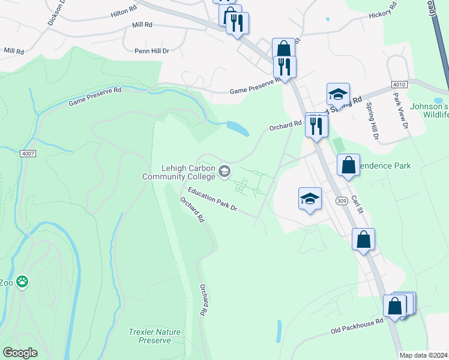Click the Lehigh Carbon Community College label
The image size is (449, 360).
(x=179, y=172)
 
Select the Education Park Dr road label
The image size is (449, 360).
(x=212, y=200)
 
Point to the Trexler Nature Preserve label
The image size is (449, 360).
(x=150, y=336)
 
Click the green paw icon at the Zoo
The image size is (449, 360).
(x=22, y=281)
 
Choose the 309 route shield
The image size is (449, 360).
(x=342, y=201)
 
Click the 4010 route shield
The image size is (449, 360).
(x=399, y=85)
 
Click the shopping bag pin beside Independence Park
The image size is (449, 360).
(x=348, y=165)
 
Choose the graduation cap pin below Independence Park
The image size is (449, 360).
(x=310, y=200)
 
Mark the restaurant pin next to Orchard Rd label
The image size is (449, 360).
(x=316, y=126)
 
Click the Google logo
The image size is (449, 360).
(x=20, y=353)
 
